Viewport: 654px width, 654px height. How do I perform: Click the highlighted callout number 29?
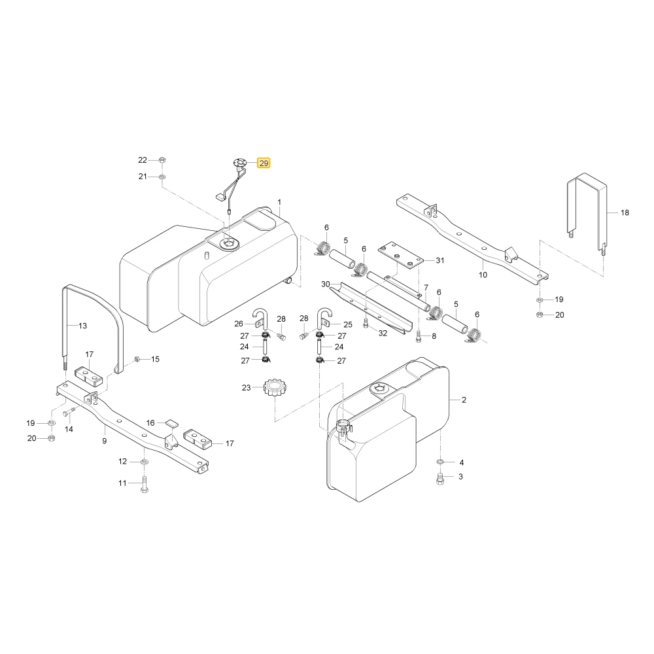pyautogui.click(x=264, y=163)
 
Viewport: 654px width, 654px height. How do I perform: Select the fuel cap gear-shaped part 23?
pyautogui.click(x=275, y=388)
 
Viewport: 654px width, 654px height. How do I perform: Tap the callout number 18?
pyautogui.click(x=625, y=213)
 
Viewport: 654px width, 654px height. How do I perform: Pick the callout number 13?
pyautogui.click(x=82, y=326)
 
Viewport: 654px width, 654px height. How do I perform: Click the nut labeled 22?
pyautogui.click(x=163, y=160)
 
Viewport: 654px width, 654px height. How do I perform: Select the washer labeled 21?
pyautogui.click(x=162, y=177)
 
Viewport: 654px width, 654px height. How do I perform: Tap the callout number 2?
pyautogui.click(x=464, y=400)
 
